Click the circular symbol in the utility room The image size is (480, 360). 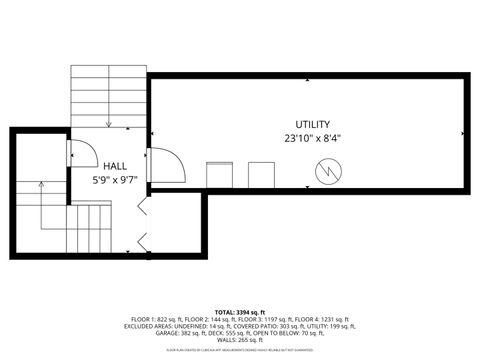pyautogui.click(x=327, y=173)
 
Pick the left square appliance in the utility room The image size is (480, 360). pyautogui.click(x=219, y=175)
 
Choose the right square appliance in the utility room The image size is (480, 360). pyautogui.click(x=262, y=175)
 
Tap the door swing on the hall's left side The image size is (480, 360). pyautogui.click(x=81, y=153)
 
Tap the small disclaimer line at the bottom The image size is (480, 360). pyautogui.click(x=239, y=350)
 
